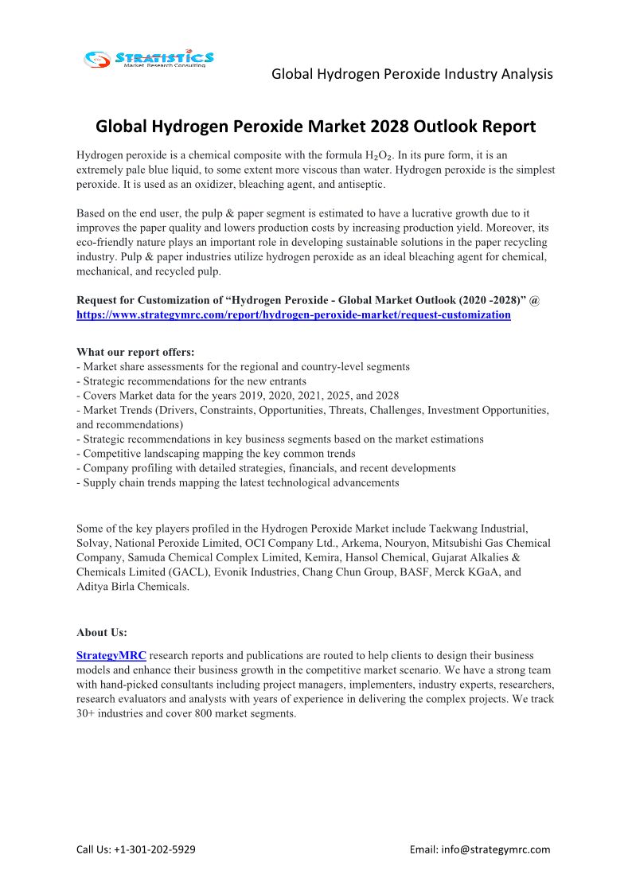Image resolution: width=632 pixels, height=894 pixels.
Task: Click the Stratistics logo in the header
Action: [x=150, y=59]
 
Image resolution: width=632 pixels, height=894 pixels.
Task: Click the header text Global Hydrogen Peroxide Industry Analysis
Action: [x=412, y=74]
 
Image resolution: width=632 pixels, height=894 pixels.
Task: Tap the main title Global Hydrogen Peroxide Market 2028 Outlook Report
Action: [x=315, y=127]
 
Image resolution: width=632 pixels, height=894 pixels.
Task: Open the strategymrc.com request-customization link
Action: [x=293, y=314]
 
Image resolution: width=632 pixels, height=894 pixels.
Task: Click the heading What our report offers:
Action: [x=135, y=352]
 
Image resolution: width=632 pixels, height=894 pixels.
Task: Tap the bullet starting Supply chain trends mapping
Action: [x=238, y=482]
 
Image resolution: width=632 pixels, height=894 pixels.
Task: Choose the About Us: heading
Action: [x=102, y=633]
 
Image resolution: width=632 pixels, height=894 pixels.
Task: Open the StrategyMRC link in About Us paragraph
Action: [x=111, y=656]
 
